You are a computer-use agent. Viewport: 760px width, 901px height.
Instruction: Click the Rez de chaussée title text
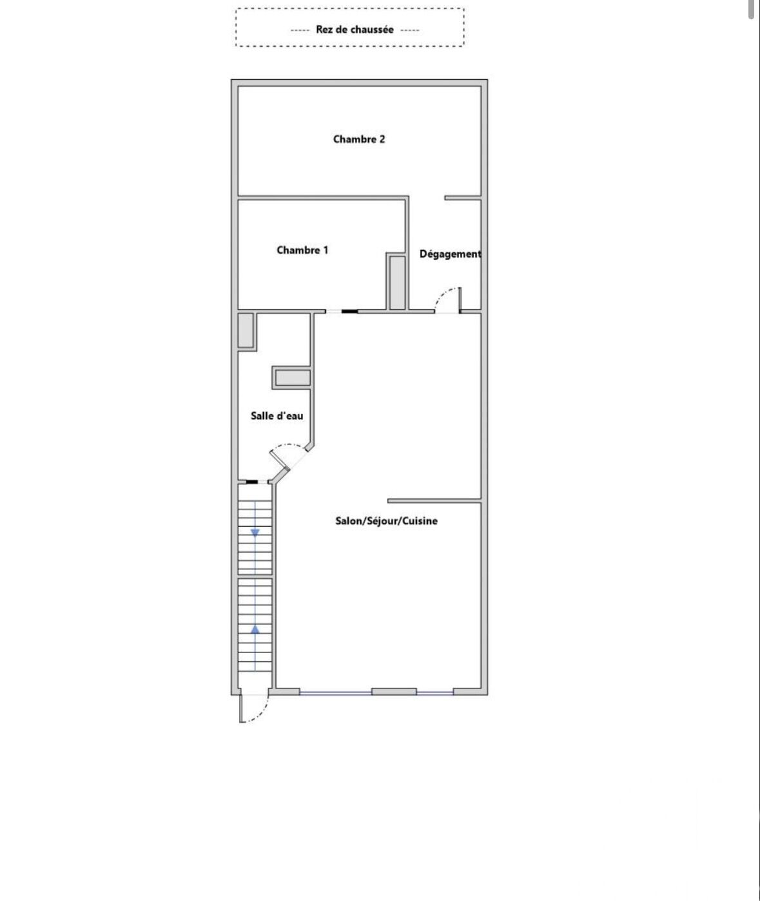coord(355,30)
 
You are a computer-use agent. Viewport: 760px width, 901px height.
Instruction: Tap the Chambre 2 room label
coord(359,139)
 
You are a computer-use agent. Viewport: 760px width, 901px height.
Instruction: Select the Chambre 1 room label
coord(302,250)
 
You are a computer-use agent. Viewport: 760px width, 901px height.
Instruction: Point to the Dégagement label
coord(451,254)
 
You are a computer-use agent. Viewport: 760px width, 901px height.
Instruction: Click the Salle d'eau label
coord(277,415)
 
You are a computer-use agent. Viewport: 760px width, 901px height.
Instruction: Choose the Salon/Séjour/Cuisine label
coord(387,521)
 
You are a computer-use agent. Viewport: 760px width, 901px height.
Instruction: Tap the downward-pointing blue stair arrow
coord(255,532)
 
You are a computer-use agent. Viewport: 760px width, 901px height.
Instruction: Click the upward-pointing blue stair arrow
coord(255,629)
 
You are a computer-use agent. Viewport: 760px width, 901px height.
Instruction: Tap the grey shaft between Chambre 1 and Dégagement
coord(397,283)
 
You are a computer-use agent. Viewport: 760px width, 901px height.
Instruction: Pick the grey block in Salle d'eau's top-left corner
coord(245,330)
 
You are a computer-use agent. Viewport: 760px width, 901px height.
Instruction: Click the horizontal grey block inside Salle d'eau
coord(293,378)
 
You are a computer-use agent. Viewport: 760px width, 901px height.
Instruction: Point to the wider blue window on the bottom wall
coord(336,693)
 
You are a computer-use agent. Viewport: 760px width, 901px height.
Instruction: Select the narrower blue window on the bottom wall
coord(435,693)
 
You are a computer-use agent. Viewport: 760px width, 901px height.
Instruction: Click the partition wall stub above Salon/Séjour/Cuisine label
coord(434,501)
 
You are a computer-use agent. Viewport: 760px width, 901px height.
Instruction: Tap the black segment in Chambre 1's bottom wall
coord(349,311)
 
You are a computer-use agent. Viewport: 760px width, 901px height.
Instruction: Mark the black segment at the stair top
coord(252,482)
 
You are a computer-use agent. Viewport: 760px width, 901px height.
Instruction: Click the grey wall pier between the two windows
coord(394,692)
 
